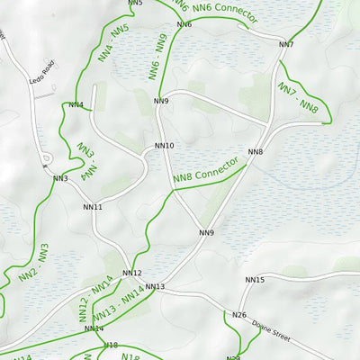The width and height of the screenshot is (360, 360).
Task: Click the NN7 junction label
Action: [x=286, y=44]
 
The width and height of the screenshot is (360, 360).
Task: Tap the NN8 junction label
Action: [x=256, y=151]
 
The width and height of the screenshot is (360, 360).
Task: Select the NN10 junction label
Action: [x=165, y=146]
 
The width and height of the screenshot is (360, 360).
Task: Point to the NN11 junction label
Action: [x=93, y=207]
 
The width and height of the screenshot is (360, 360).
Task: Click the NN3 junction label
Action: [x=60, y=179]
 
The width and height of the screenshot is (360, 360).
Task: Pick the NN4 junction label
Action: [x=76, y=105]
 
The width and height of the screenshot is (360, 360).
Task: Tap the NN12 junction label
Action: [x=132, y=273]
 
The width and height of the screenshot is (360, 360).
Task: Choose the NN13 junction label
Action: [x=155, y=287]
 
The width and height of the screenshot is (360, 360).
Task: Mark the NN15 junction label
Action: [x=256, y=280]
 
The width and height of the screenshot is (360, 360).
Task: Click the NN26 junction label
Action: [x=238, y=315]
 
